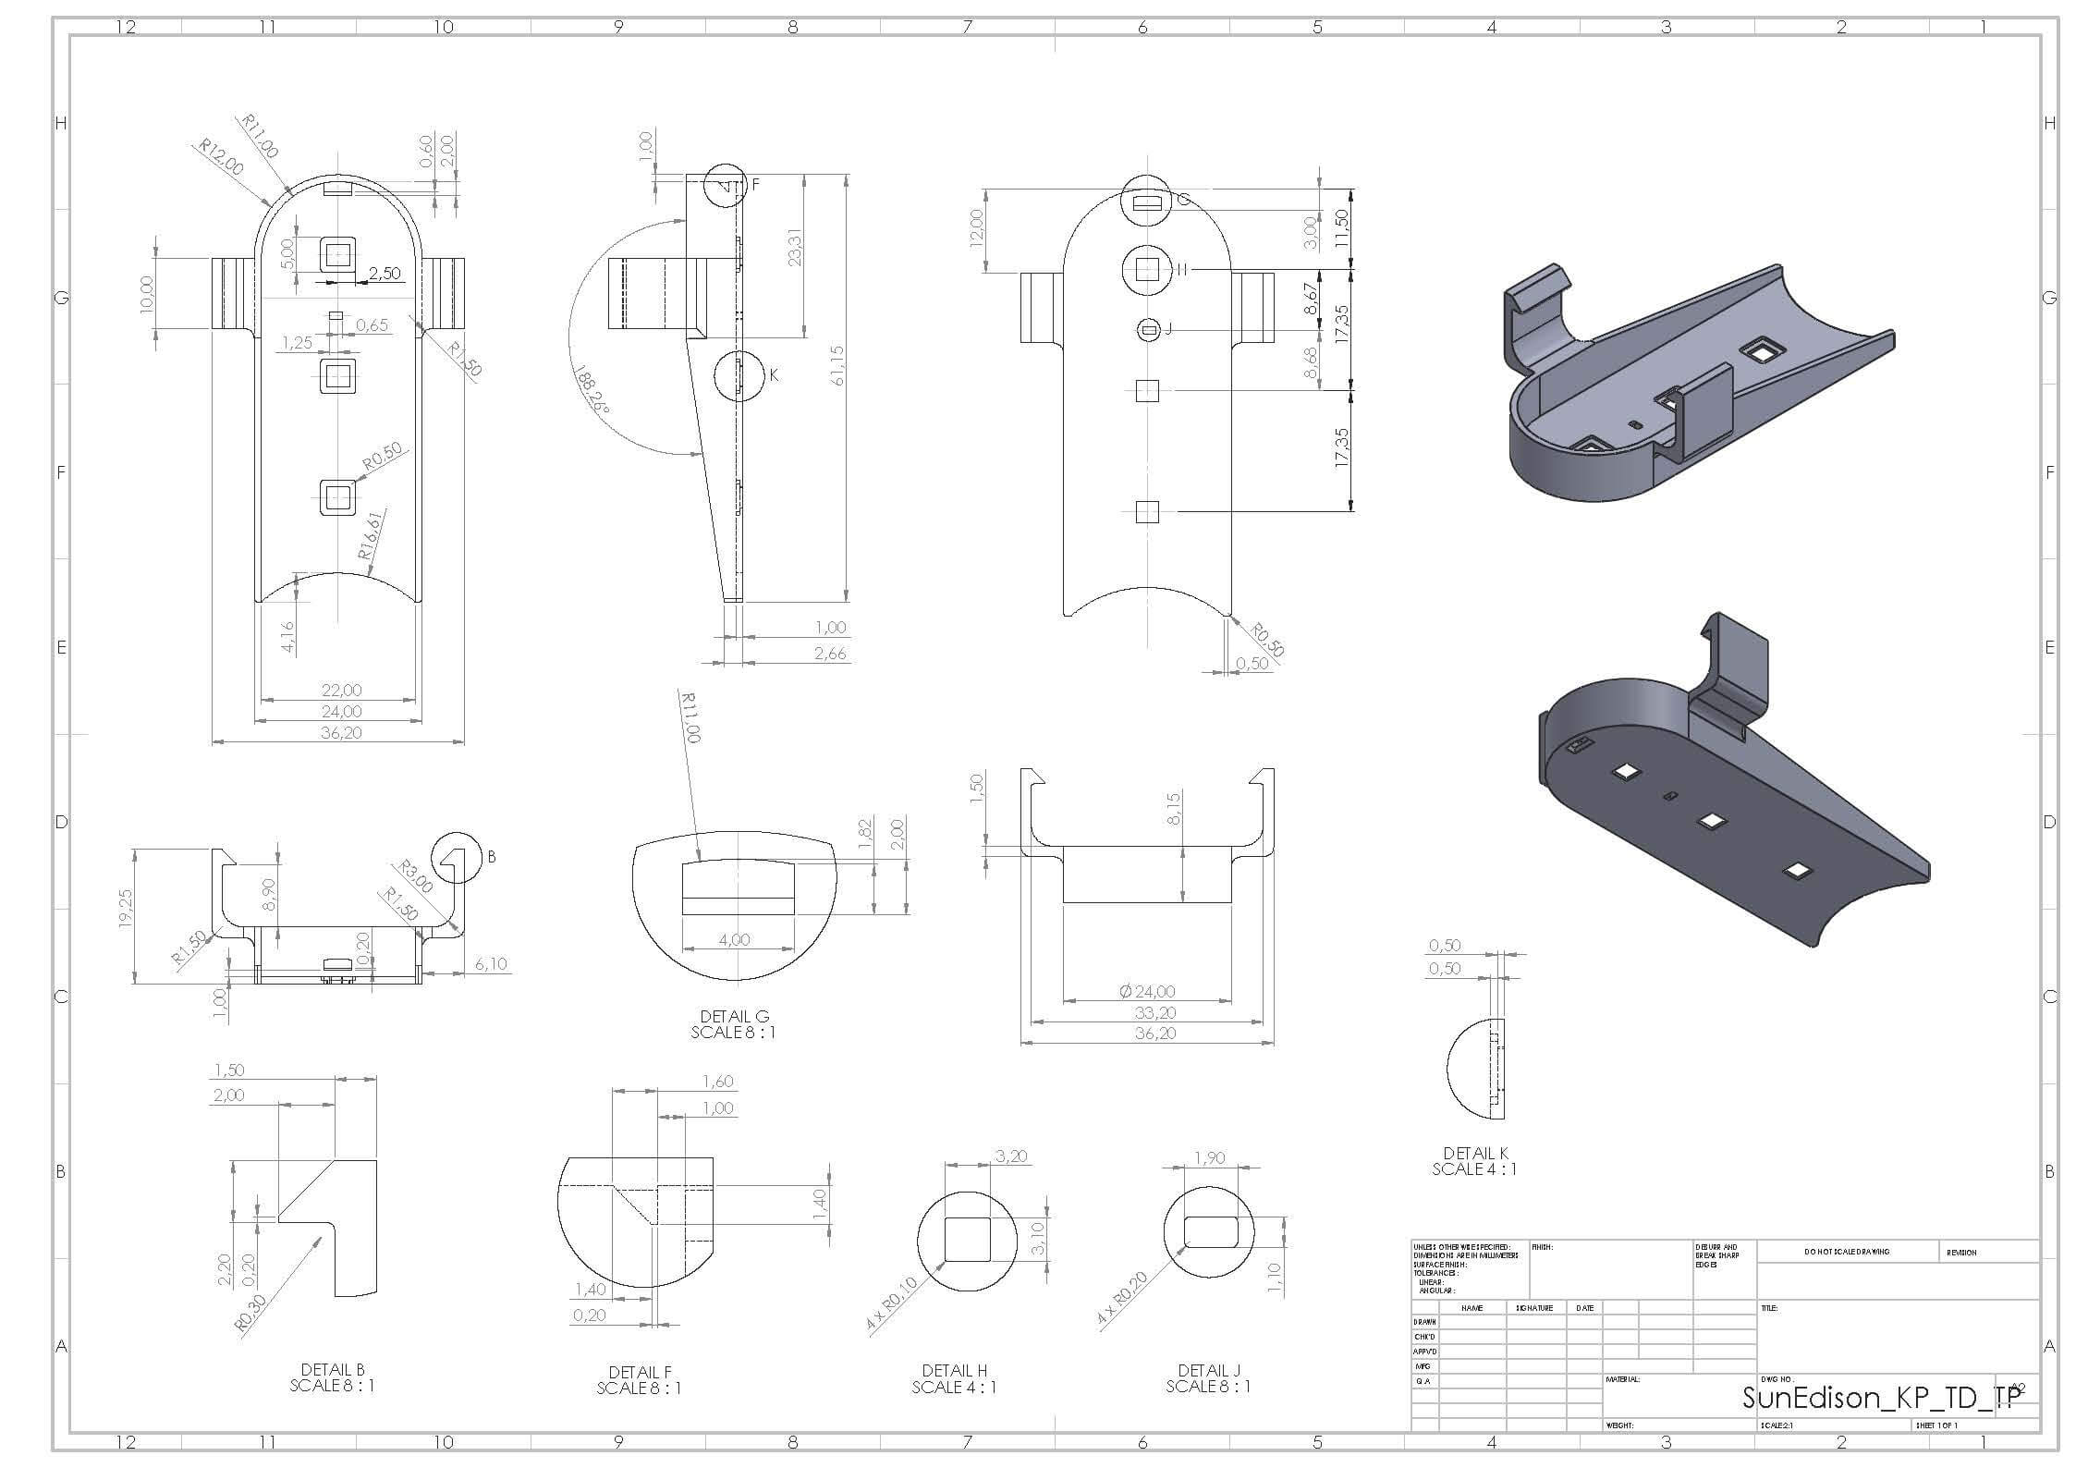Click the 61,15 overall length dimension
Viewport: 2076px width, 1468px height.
837,365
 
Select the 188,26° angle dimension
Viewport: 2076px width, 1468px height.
591,390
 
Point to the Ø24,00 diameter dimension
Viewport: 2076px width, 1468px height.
1147,991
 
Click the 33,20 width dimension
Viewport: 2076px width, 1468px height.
1154,1012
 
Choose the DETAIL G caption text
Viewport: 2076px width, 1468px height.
734,1024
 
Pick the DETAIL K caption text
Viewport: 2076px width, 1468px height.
1474,1161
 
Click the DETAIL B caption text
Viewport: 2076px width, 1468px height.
332,1377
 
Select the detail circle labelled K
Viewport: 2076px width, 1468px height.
740,375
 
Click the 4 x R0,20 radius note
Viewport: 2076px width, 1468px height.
1123,1299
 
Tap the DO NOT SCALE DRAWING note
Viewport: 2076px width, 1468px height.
1847,1252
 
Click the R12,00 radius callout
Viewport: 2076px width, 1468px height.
222,158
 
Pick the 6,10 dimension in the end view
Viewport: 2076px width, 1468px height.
491,964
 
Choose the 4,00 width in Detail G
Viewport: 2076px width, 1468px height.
734,940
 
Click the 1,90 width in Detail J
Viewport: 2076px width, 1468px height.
1210,1158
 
